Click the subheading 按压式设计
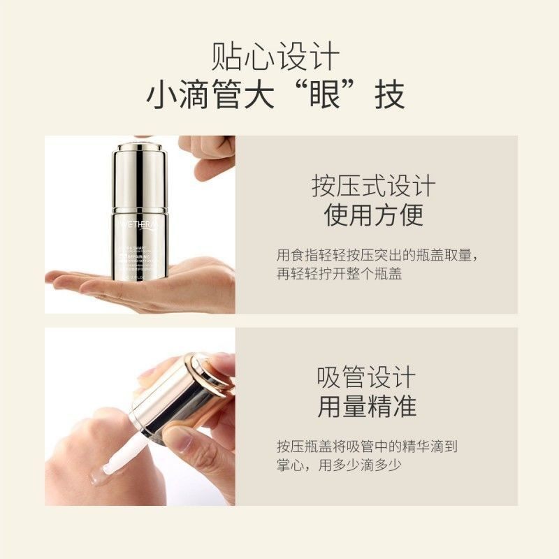click(374, 187)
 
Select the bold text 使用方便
click(374, 215)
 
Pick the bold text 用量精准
click(366, 406)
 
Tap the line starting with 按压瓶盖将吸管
click(366, 446)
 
